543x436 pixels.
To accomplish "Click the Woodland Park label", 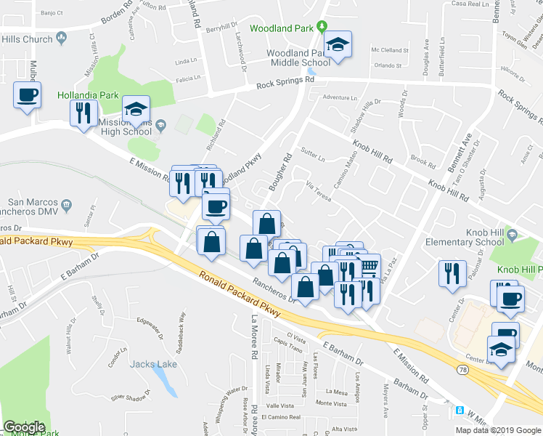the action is pyautogui.click(x=283, y=29).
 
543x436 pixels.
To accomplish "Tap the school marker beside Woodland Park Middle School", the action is pyautogui.click(x=338, y=45).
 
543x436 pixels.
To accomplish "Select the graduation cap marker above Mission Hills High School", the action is pyautogui.click(x=136, y=110).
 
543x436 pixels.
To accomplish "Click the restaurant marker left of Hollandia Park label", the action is pyautogui.click(x=83, y=113).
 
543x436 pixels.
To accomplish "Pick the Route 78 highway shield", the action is pyautogui.click(x=462, y=370).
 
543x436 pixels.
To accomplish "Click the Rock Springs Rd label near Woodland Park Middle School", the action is pyautogui.click(x=285, y=85).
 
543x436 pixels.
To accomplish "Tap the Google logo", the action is pyautogui.click(x=24, y=427).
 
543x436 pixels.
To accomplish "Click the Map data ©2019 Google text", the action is pyautogui.click(x=498, y=430).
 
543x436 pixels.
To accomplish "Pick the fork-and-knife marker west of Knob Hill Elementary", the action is pyautogui.click(x=452, y=273).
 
